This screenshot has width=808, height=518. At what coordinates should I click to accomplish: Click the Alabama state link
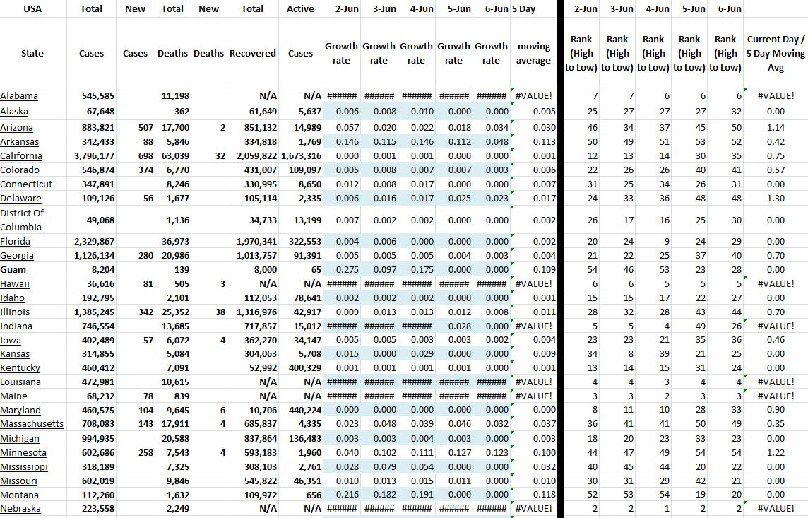point(19,96)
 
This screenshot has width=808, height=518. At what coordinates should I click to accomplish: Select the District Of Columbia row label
point(22,220)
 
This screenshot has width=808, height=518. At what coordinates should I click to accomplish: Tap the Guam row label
point(13,269)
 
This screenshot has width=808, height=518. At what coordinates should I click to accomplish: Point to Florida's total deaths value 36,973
point(175,241)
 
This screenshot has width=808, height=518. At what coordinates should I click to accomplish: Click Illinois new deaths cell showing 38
point(220,312)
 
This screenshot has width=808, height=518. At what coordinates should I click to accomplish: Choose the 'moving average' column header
point(533,54)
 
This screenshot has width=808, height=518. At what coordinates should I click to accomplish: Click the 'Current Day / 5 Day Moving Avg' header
point(775,54)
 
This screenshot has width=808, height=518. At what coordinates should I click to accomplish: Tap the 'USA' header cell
point(32,9)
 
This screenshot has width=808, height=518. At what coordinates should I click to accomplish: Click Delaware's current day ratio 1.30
point(776,199)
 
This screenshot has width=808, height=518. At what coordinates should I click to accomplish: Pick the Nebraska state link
point(20,509)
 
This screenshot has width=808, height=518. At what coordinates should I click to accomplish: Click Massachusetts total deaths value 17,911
point(175,425)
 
